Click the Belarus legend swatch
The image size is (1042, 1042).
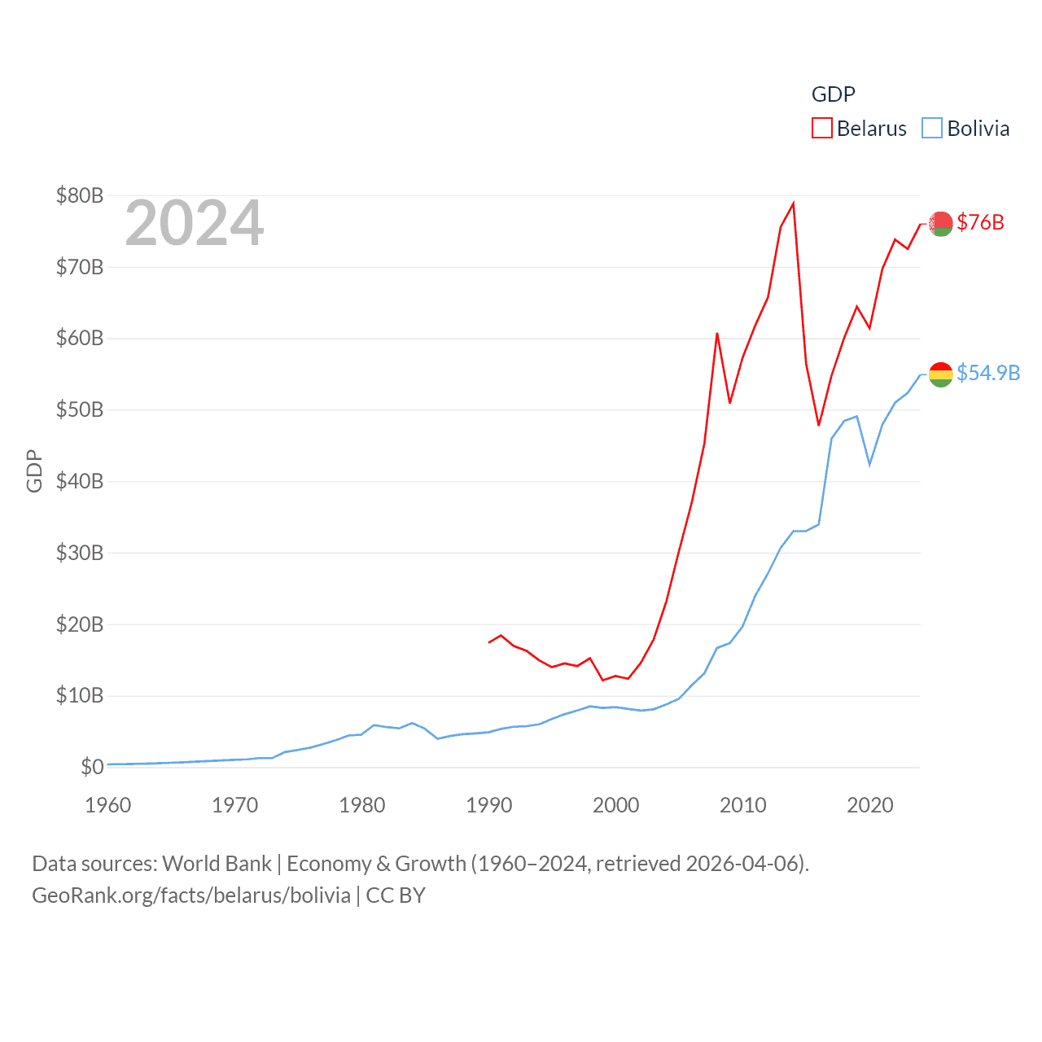point(821,129)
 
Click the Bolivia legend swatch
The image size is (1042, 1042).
point(932,129)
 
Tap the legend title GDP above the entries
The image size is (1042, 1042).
point(833,94)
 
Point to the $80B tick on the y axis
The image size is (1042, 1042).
point(80,195)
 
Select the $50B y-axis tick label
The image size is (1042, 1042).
point(80,409)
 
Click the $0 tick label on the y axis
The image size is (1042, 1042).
point(92,767)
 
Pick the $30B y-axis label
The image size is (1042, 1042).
point(80,553)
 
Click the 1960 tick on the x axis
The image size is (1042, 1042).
point(108,805)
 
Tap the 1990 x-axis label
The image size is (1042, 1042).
point(489,805)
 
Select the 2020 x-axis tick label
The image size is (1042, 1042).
point(870,805)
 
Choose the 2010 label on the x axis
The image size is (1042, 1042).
point(743,805)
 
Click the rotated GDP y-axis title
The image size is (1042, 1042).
point(34,471)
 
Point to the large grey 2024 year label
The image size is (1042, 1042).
point(195,223)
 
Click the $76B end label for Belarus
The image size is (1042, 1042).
point(980,222)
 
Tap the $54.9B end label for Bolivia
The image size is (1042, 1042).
point(988,373)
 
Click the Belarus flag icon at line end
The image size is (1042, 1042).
point(941,223)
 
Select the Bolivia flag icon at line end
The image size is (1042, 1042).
point(941,374)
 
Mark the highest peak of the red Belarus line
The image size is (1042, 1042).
point(794,204)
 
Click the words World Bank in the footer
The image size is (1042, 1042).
point(217,863)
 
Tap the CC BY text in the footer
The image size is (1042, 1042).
point(396,895)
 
